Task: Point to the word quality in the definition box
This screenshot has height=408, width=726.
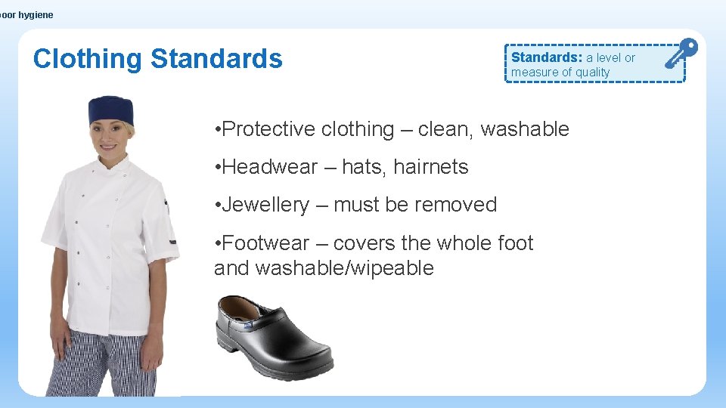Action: click(x=592, y=73)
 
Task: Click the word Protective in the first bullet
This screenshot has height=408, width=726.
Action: click(x=269, y=129)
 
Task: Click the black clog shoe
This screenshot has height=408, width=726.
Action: click(x=274, y=328)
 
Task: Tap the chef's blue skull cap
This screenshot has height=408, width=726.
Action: click(x=111, y=111)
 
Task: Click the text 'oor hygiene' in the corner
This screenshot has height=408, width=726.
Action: click(x=27, y=15)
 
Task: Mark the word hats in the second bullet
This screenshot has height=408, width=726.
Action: click(x=366, y=167)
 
